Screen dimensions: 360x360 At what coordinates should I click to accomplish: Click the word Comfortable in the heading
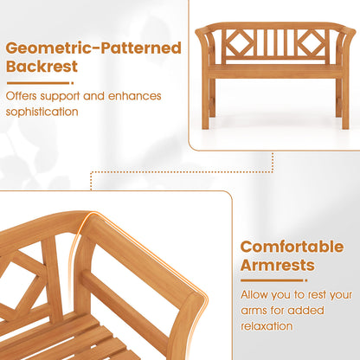[x=298, y=247]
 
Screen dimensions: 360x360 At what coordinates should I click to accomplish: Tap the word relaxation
[x=269, y=325]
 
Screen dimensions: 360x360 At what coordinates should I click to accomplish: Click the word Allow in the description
[x=257, y=294]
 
